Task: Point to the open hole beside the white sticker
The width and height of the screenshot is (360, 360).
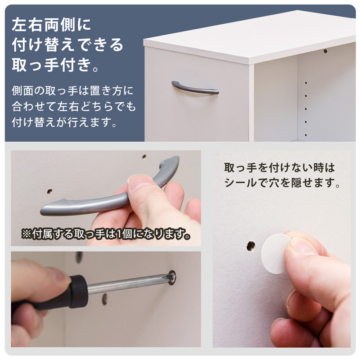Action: coord(251,246)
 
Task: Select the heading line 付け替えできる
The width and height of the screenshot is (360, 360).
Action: coord(67,45)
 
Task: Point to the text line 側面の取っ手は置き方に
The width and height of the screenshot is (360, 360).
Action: coord(72,90)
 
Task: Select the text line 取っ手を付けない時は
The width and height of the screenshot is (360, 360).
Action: coord(279,168)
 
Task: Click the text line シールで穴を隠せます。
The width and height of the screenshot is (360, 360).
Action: coord(282,183)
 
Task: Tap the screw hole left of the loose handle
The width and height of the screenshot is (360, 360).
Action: coord(49,191)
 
